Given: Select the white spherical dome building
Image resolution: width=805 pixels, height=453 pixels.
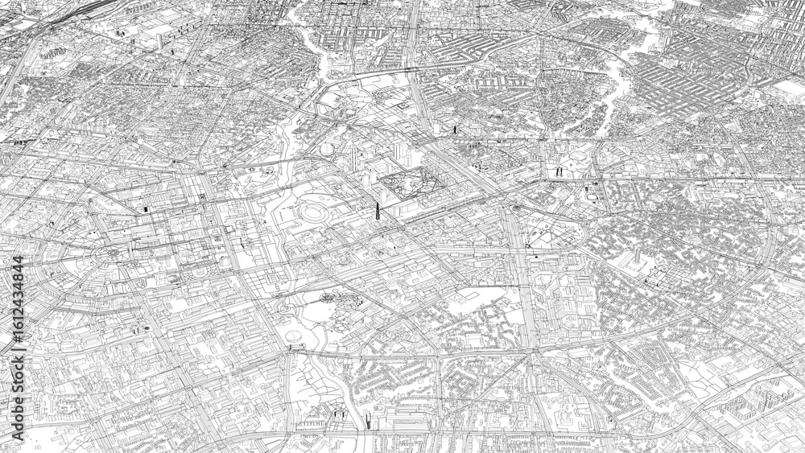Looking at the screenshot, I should [x=327, y=150].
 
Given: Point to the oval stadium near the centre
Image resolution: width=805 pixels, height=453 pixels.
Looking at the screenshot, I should [x=313, y=213].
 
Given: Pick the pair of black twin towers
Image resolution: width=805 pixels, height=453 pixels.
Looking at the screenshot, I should [x=557, y=171].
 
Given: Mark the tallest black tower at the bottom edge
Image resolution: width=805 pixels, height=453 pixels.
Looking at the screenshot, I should [x=368, y=420].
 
